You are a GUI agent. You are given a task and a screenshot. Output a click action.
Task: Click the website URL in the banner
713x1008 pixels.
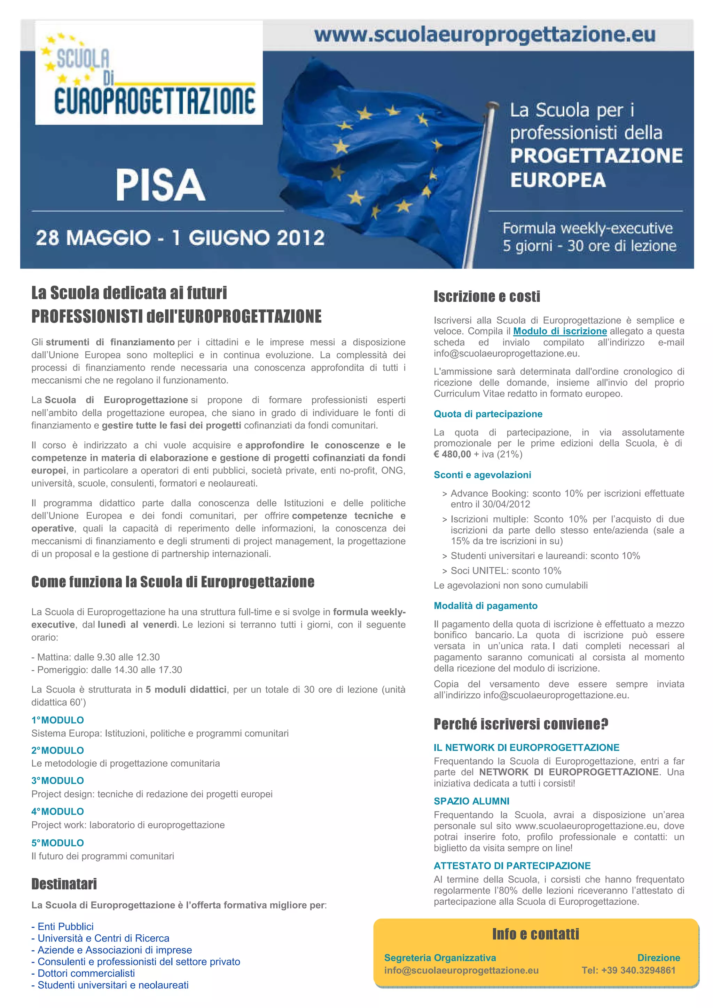485,35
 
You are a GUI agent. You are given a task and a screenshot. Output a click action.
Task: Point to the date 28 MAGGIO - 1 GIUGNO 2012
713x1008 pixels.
180,238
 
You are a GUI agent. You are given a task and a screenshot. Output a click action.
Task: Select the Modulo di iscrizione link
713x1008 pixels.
560,331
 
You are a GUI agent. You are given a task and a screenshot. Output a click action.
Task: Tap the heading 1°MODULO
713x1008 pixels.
57,720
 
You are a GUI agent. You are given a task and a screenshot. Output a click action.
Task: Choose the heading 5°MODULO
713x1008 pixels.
57,843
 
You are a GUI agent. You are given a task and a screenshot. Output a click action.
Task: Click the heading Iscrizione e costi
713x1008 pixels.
487,297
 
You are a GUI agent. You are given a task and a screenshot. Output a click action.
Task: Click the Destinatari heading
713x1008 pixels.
64,884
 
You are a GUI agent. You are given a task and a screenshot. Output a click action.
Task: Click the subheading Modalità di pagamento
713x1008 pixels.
485,606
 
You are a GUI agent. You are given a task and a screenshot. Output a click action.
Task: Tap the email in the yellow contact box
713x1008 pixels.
461,970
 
